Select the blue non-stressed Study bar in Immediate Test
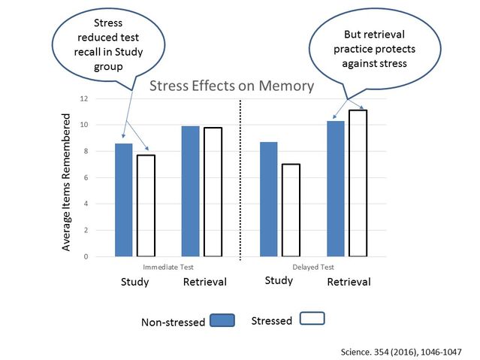(x=124, y=200)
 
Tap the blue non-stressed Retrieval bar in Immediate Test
(x=191, y=191)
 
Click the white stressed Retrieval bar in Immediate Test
(x=213, y=192)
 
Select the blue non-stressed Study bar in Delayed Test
(x=269, y=199)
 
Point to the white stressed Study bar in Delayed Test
(x=291, y=210)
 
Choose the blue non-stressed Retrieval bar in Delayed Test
(x=336, y=189)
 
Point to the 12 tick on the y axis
(x=83, y=98)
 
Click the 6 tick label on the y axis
(x=85, y=177)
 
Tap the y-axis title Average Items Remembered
(x=67, y=183)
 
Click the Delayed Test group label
(x=313, y=266)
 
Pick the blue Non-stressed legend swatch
(x=222, y=321)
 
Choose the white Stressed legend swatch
(x=312, y=319)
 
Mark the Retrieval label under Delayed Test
(x=349, y=282)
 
